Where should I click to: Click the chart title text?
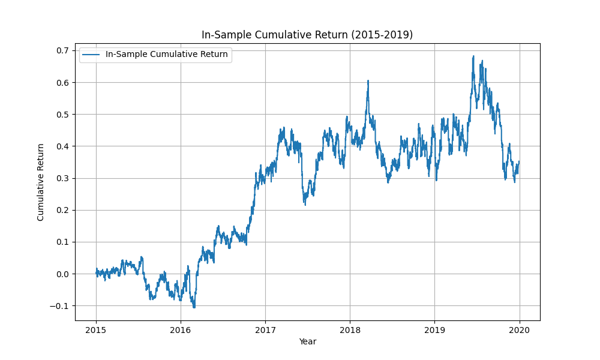coord(307,35)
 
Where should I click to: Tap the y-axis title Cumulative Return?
coord(41,182)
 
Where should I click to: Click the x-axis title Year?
coord(307,341)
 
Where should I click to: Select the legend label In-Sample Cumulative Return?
coord(166,55)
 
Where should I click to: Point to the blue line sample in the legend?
coord(91,55)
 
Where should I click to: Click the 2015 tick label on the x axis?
coord(96,329)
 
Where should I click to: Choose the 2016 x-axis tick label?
coord(181,329)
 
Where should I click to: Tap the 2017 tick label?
coord(265,329)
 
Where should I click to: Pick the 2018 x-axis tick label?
coord(350,329)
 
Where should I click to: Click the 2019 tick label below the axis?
coord(434,329)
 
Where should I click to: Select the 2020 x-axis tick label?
coord(519,329)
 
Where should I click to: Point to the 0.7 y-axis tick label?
coord(63,50)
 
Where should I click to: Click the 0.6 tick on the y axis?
coord(63,82)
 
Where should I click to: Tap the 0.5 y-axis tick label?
coord(63,114)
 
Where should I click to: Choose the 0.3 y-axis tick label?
coord(63,178)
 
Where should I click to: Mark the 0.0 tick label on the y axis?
coord(63,274)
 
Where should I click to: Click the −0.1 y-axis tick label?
coord(61,306)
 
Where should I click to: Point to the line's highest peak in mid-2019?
coord(473,56)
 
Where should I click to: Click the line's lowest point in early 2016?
coord(194,307)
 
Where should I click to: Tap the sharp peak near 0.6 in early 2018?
coord(368,80)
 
